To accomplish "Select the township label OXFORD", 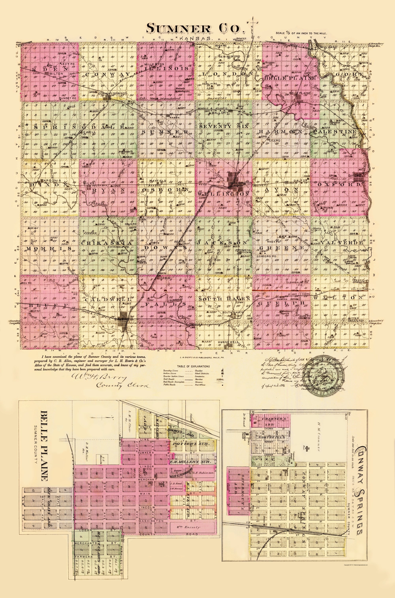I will [x=338, y=185].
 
